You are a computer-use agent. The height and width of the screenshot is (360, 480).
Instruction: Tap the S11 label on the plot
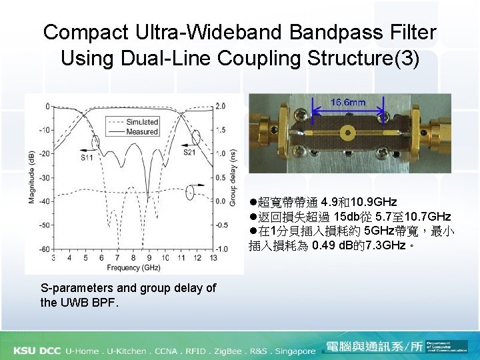[87, 158]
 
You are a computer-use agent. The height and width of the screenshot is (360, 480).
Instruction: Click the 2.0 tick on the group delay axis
[220, 106]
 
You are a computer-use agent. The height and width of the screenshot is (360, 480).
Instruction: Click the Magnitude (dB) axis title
[31, 177]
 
